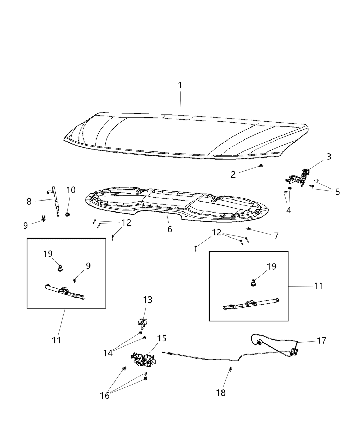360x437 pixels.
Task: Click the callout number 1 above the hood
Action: coord(180,85)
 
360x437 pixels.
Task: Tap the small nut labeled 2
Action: coord(261,167)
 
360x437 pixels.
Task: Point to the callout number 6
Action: coord(170,229)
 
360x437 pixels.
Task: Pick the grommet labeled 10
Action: coord(68,215)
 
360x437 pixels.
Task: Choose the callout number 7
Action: coord(276,236)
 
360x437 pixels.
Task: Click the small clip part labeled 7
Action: coord(248,229)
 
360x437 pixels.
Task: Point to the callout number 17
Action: coord(321,341)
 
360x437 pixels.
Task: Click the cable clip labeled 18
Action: coord(230,370)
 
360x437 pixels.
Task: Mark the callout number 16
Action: coord(105,395)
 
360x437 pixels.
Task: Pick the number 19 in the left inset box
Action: coord(48,254)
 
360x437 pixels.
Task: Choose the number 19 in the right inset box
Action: coord(271,266)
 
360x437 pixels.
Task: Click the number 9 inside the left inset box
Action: coord(88,266)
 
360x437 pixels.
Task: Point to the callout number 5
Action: coord(338,192)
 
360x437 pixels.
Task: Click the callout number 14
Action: coord(108,352)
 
